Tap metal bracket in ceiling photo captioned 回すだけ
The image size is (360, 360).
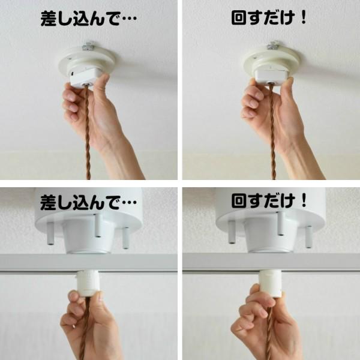pos(274,45)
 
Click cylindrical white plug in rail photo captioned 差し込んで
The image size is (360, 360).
pos(88,283)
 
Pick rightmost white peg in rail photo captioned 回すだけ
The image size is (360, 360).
pos(308,236)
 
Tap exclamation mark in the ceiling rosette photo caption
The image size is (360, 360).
pos(302,17)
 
